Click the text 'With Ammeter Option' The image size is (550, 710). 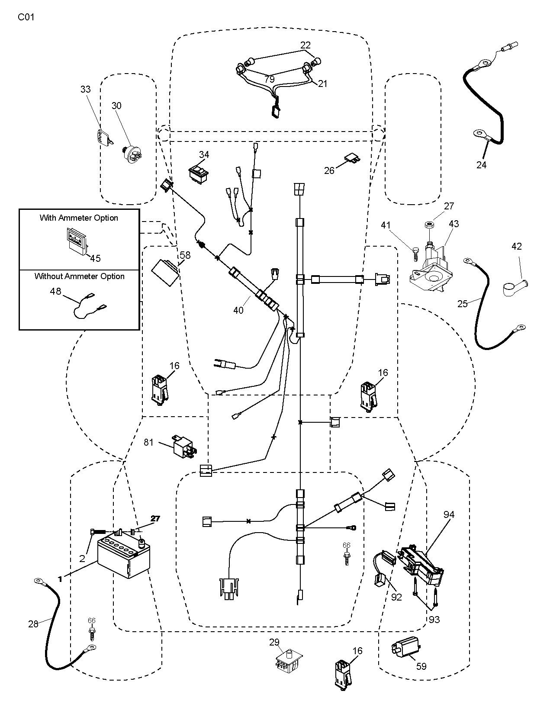[79, 218]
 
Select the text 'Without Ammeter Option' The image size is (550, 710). [80, 276]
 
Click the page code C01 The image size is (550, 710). [26, 17]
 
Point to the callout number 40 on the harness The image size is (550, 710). [238, 310]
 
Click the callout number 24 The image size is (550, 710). [481, 165]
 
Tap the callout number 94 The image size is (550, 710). [449, 514]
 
